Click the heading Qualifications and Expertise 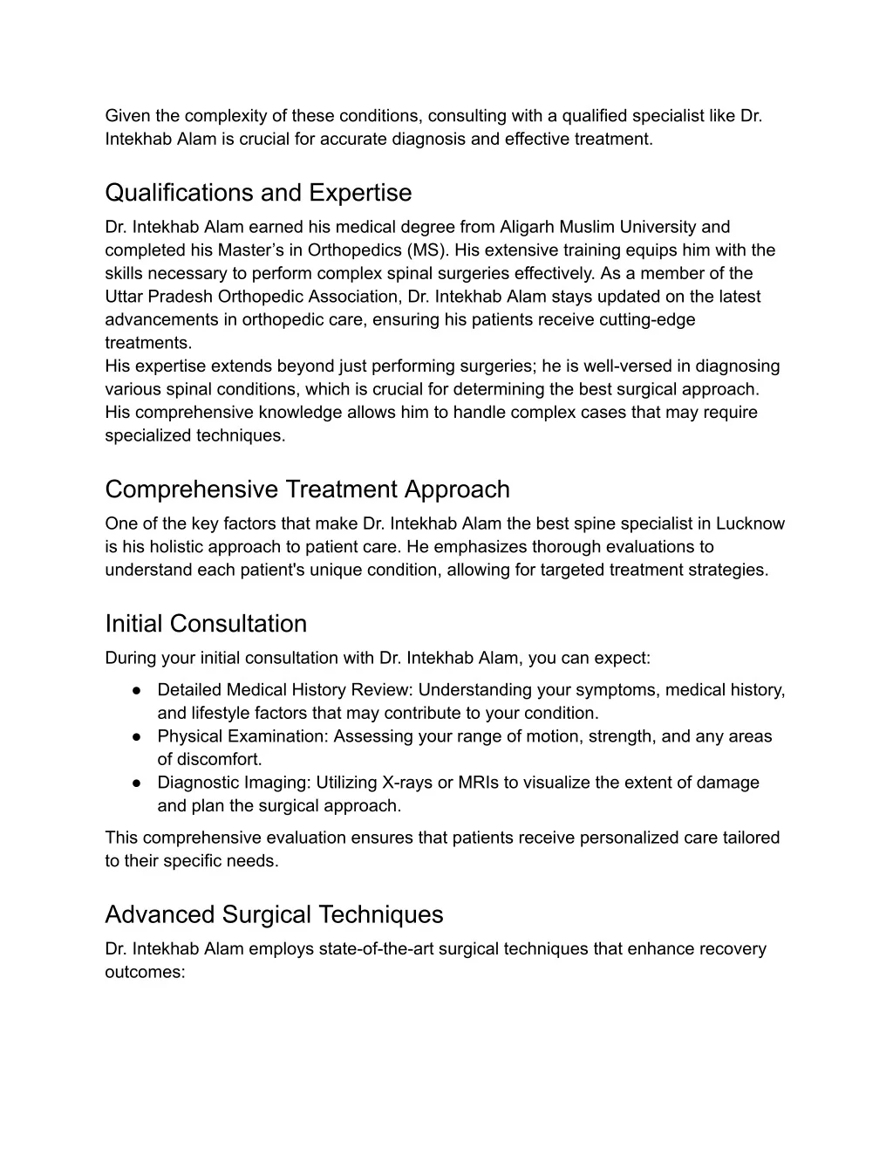click(x=258, y=193)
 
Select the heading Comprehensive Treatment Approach click(x=307, y=489)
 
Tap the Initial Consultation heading click(x=206, y=624)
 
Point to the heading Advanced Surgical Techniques click(x=274, y=914)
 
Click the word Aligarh click(x=528, y=228)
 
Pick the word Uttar click(x=125, y=297)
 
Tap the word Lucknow click(x=750, y=524)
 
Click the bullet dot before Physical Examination click(x=138, y=736)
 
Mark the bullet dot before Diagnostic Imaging click(x=138, y=783)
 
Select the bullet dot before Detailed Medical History click(x=138, y=690)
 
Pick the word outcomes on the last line click(x=145, y=972)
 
